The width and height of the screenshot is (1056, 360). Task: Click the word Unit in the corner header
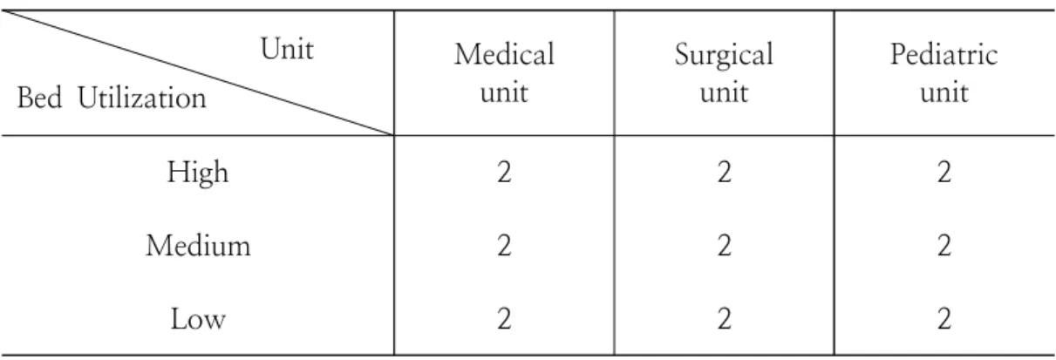287,49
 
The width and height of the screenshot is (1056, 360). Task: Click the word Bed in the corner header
39,98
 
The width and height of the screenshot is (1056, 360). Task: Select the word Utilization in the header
142,98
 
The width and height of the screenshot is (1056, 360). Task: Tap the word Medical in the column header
504,54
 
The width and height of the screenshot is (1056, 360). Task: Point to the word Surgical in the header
724,56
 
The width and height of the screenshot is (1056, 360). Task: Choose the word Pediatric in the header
944,54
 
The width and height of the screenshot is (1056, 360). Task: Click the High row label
198,173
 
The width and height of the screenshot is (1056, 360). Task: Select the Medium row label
198,246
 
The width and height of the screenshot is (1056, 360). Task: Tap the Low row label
198,319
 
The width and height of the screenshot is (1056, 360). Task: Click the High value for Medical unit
504,172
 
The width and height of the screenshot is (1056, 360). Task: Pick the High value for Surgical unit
724,172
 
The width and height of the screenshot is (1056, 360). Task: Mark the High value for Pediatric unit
944,172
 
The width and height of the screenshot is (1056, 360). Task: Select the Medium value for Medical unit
504,246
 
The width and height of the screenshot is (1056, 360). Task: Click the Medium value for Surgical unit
724,246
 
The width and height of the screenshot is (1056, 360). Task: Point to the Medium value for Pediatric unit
944,246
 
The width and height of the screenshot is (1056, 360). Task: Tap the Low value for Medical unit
504,319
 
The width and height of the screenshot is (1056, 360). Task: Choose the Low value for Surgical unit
724,319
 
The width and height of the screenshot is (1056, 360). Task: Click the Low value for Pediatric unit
944,319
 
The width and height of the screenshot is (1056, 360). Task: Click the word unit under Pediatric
944,92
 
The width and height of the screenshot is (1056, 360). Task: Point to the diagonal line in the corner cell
197,72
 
